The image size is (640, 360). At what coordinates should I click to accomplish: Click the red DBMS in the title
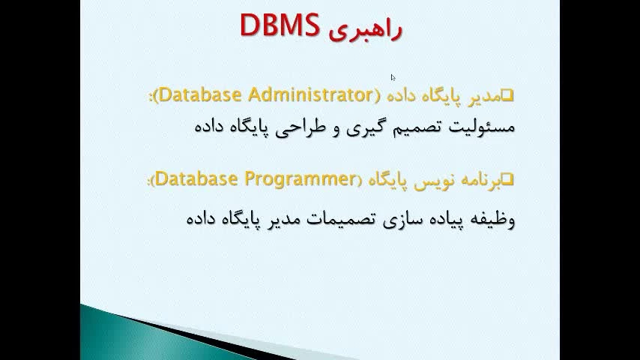point(280,25)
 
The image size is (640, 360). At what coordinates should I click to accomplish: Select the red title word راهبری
point(366,29)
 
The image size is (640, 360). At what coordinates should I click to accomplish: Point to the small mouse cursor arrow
point(393,77)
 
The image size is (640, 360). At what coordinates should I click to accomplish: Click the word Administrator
point(310,94)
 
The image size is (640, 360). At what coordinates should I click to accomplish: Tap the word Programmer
point(300,179)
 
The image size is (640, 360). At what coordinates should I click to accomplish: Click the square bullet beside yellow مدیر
point(507,95)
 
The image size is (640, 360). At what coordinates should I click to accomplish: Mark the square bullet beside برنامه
point(507,179)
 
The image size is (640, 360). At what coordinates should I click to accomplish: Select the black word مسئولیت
point(482,126)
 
